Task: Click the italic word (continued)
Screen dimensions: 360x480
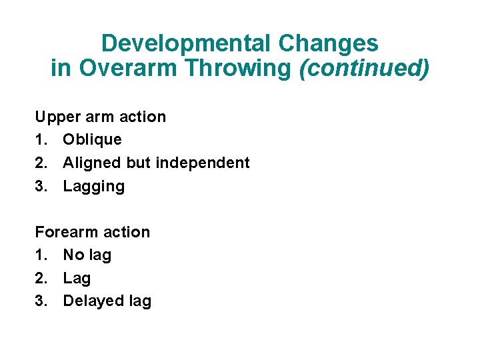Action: (x=364, y=68)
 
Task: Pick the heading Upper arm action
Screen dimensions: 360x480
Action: (x=101, y=117)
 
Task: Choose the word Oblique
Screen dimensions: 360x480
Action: (x=92, y=139)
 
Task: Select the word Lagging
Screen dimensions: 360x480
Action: (x=93, y=187)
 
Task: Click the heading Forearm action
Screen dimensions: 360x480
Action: (x=93, y=232)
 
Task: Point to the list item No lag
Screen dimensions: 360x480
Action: (x=87, y=255)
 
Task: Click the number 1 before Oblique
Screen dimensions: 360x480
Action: (x=39, y=139)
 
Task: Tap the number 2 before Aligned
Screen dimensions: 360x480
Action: (x=40, y=163)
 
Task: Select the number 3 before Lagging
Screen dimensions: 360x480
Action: (x=40, y=186)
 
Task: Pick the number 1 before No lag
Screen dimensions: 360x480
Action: (x=39, y=255)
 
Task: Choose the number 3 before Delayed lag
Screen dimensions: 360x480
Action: (x=40, y=301)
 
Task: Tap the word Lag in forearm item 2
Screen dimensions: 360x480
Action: (x=77, y=279)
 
